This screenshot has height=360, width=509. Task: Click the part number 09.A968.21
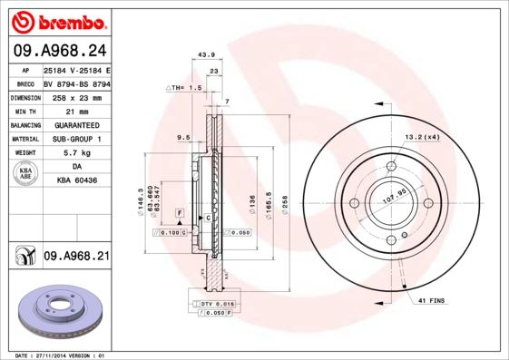pos(76,258)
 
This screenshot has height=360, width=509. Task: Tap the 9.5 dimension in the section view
pos(182,139)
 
